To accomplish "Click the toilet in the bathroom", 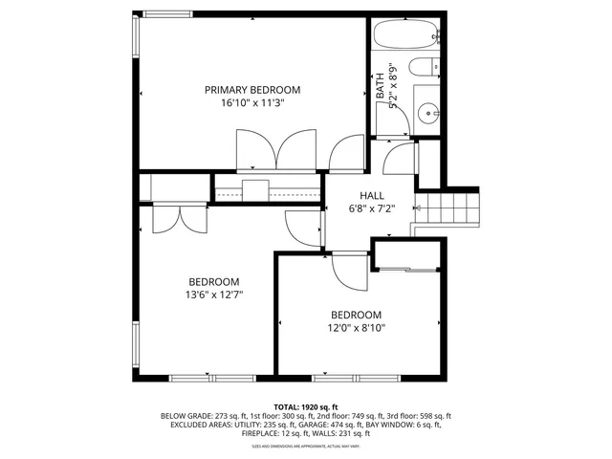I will (x=423, y=71).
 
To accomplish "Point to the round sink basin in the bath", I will (x=428, y=112).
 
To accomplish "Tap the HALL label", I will (x=359, y=195).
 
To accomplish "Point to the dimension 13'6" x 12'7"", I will (x=213, y=295).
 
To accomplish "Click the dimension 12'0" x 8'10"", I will (x=356, y=328).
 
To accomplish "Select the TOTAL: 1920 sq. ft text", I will (x=306, y=406).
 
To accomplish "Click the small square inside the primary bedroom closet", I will (x=255, y=187).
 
